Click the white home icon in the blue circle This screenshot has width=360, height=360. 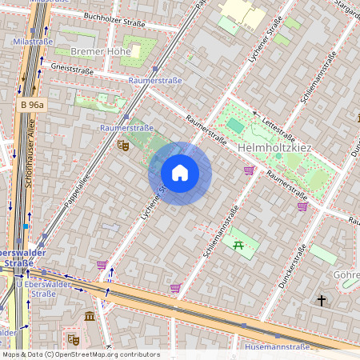[180, 173]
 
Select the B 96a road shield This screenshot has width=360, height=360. [34, 105]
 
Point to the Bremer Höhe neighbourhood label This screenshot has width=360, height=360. [101, 52]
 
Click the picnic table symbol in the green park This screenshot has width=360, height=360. [238, 244]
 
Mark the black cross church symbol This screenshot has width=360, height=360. [322, 301]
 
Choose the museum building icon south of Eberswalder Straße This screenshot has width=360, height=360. [90, 318]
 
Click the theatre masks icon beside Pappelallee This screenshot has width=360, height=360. [122, 145]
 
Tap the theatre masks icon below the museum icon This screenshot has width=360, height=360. [73, 339]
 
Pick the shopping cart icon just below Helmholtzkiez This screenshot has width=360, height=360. [249, 170]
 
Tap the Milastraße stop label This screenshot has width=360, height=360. [34, 41]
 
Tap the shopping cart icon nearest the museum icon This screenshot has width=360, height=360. [102, 264]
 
